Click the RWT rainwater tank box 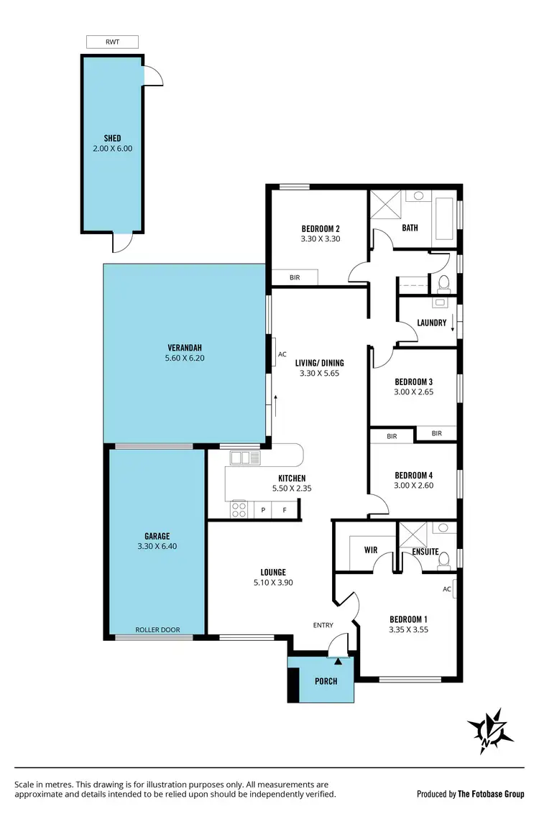click(112, 42)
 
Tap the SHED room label click(112, 138)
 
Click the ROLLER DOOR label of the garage click(158, 630)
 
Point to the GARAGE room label click(157, 536)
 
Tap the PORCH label click(326, 681)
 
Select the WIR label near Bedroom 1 click(371, 550)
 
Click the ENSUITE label click(425, 552)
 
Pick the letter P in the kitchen click(264, 510)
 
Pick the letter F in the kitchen click(285, 510)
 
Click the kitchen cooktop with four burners click(239, 509)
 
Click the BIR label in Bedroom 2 click(294, 277)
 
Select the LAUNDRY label click(431, 323)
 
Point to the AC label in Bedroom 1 click(447, 589)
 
